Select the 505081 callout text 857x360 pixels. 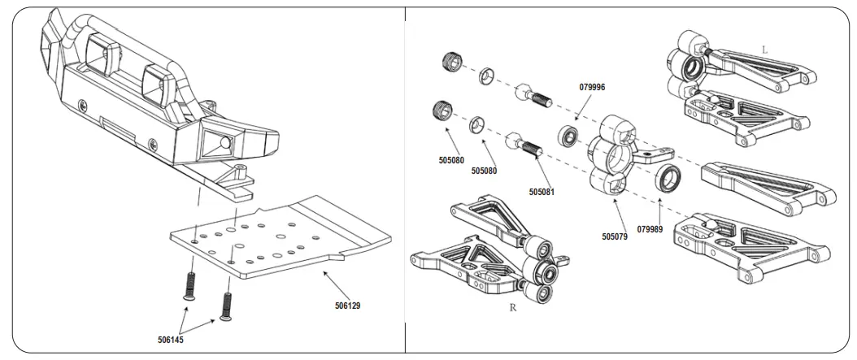pyautogui.click(x=542, y=192)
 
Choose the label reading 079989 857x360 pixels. pyautogui.click(x=650, y=228)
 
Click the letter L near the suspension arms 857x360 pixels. pyautogui.click(x=764, y=50)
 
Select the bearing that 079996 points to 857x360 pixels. pyautogui.click(x=568, y=136)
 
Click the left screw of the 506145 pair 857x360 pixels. pyautogui.click(x=191, y=284)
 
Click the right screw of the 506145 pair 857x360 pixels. pyautogui.click(x=227, y=305)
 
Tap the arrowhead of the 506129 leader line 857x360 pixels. pyautogui.click(x=324, y=272)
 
